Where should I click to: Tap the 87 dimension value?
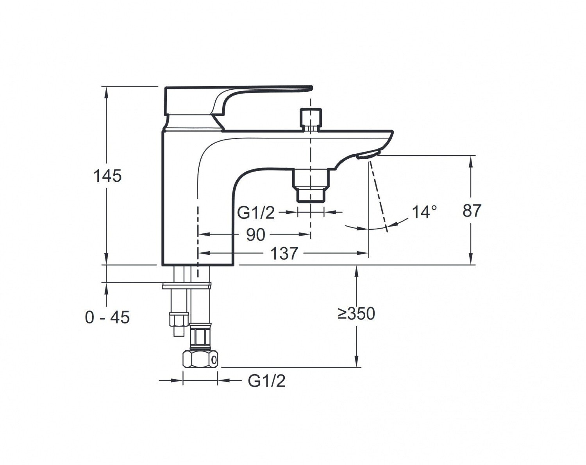tap(472, 210)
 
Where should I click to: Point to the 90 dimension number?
tap(255, 234)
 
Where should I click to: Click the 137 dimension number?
tap(284, 254)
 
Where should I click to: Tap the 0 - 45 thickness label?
tap(107, 317)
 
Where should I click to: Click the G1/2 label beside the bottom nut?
tap(266, 381)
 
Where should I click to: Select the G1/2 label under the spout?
tap(256, 213)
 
